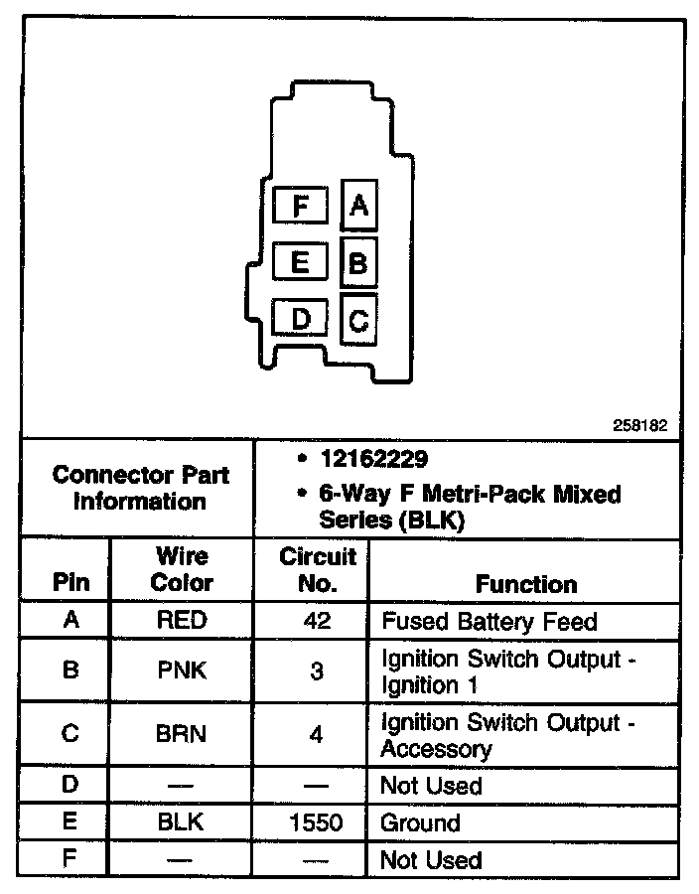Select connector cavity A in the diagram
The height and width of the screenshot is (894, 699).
point(358,206)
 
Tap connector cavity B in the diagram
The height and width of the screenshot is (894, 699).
point(358,263)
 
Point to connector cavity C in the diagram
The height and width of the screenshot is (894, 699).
point(358,320)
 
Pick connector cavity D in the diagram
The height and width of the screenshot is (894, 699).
point(301,319)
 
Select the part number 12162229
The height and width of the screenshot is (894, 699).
point(373,460)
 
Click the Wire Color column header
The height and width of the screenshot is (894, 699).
point(182,569)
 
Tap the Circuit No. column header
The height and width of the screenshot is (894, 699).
point(317,569)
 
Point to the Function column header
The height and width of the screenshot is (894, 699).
point(526,583)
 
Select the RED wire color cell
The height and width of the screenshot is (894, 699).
point(182,621)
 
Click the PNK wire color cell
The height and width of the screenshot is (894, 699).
point(182,670)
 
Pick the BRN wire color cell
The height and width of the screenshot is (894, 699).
point(182,734)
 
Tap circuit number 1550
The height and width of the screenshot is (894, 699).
point(317,822)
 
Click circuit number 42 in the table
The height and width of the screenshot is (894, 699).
point(317,621)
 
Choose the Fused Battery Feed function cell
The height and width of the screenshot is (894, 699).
point(489,622)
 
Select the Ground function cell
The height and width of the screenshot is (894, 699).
point(420,822)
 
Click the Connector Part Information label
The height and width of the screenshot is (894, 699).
point(140,487)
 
